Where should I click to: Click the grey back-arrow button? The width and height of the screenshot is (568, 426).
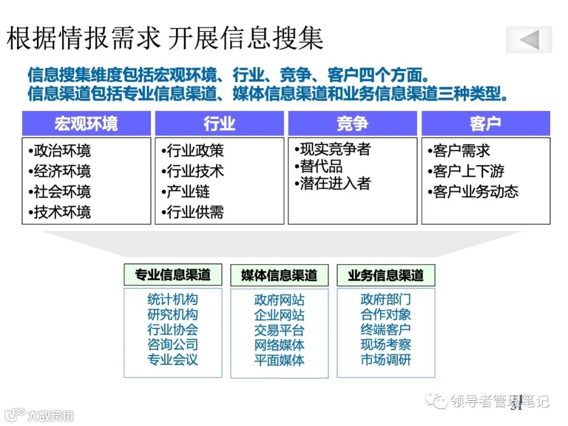pos(529,39)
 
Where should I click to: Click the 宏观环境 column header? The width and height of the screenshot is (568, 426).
pos(86,124)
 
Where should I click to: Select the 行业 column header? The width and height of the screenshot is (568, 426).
pos(219,124)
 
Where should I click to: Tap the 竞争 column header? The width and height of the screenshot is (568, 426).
pos(352,124)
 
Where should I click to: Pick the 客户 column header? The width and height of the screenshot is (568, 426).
pos(485,124)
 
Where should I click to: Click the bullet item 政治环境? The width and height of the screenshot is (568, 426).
pos(59,151)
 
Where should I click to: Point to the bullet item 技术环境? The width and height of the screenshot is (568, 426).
pos(59,212)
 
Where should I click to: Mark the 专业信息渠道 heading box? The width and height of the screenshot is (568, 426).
pos(173,275)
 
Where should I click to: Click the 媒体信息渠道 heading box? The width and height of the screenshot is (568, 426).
pos(279,275)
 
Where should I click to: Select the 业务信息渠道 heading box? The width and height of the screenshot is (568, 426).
pos(386,275)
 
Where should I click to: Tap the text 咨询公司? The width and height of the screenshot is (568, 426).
pos(173,345)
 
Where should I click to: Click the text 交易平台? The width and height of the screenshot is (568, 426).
pos(279,330)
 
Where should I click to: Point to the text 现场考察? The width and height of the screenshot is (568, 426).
pos(386,345)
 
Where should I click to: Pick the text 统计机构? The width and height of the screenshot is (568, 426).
pos(173,300)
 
